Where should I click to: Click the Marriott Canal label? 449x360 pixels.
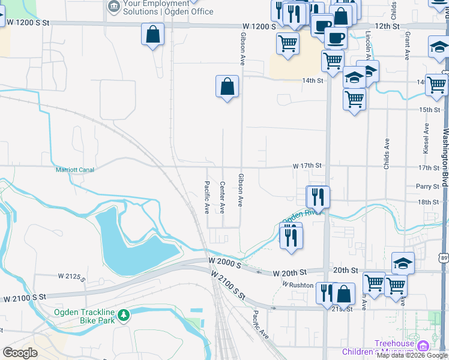pos(75,170)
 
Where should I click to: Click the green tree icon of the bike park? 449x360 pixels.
pos(124,314)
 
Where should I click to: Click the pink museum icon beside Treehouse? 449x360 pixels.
pos(423,346)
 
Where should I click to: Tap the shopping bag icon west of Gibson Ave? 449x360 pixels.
pos(228,86)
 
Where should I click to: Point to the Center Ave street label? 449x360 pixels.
pos(222,197)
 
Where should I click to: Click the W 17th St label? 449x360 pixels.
pos(307,166)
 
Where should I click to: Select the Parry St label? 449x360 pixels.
pos(427,187)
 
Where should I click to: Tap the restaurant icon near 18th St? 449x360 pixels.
pos(317,196)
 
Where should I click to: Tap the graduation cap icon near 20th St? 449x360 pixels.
pos(403,263)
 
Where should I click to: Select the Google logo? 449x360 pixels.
pos(20,353)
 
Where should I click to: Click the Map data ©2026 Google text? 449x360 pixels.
pos(412,356)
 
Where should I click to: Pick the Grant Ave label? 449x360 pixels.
pos(407,46)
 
